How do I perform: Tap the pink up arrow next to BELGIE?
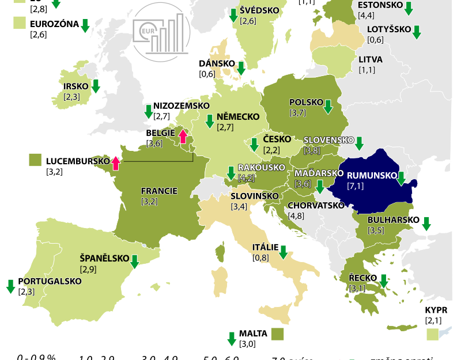pos(183,136)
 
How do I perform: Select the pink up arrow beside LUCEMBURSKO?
pos(115,163)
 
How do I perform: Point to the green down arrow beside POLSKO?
pos(328,107)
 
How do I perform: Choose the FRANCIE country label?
pos(158,191)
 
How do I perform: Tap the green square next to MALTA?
pos(278,334)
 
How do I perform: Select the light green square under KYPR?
pos(432,334)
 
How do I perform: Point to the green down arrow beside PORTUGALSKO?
pos(10,285)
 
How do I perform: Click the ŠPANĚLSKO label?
pos(104,258)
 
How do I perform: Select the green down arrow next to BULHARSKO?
pos(426,223)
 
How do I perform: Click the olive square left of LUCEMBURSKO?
pos(35,160)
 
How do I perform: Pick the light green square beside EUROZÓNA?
pos(20,23)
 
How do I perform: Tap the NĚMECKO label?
pos(238,116)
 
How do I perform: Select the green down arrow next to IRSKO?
pos(96,86)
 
